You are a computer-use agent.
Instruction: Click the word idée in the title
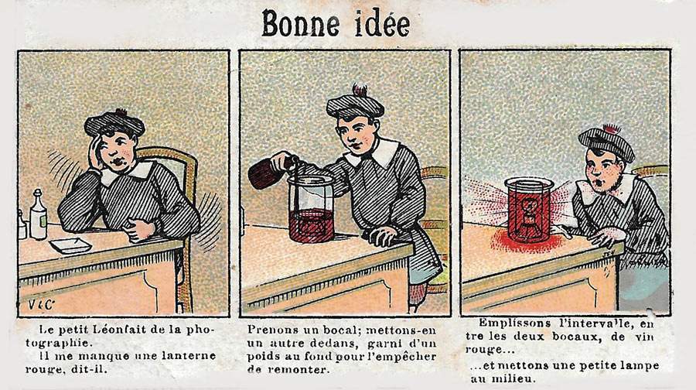[383, 23]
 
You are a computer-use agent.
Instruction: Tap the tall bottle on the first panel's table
[38, 214]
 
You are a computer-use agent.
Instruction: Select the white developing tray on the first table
[70, 245]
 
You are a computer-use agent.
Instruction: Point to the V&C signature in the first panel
[41, 305]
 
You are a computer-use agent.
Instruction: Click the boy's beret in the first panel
[114, 122]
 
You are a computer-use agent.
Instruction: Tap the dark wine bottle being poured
[274, 171]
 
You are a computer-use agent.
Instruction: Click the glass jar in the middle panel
[311, 208]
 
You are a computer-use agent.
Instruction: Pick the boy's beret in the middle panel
[355, 103]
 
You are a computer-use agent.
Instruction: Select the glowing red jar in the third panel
[529, 210]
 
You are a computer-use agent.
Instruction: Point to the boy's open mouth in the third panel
[599, 183]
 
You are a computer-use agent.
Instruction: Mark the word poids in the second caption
[262, 356]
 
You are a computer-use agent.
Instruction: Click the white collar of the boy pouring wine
[379, 153]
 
